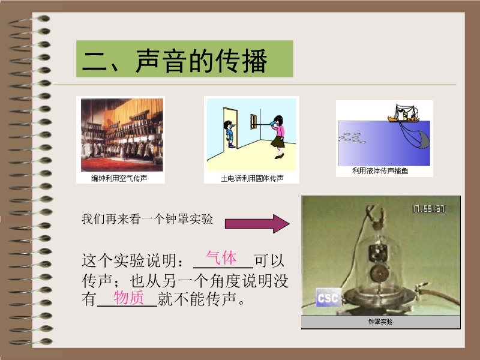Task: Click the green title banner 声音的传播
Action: click(185, 59)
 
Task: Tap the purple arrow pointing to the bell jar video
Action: click(257, 224)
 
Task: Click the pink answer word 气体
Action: click(221, 257)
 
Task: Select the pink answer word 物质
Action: click(128, 298)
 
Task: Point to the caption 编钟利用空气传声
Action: click(119, 178)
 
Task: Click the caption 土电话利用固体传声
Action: click(252, 178)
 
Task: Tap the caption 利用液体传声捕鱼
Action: click(380, 171)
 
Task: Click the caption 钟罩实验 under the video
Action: click(380, 322)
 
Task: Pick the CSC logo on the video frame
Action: click(328, 298)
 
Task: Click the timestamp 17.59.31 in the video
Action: click(428, 209)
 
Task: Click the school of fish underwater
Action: click(352, 138)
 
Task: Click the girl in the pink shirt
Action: click(278, 137)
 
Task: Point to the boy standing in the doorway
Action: click(230, 134)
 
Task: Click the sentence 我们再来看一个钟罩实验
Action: click(147, 219)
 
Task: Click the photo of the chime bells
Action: click(122, 135)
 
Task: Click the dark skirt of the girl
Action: click(278, 142)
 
